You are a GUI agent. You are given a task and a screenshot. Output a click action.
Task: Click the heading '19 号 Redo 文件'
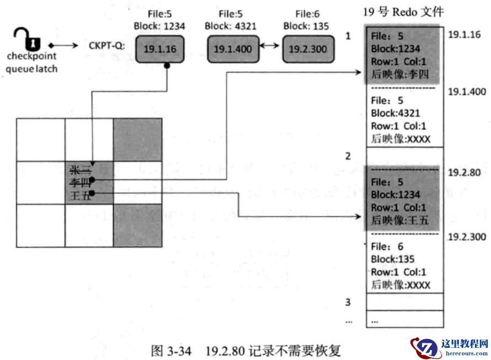point(403,12)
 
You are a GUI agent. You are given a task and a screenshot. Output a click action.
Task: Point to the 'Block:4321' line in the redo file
point(396,113)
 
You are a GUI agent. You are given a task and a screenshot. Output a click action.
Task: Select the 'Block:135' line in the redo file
point(392,260)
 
